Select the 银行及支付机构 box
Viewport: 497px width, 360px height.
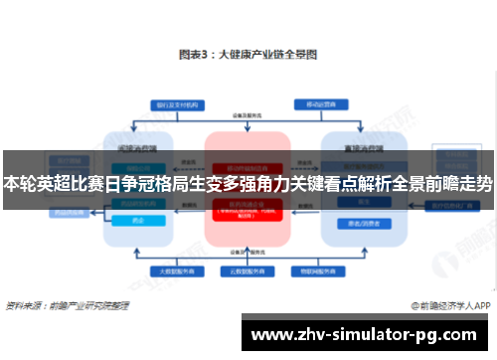click(172, 104)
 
